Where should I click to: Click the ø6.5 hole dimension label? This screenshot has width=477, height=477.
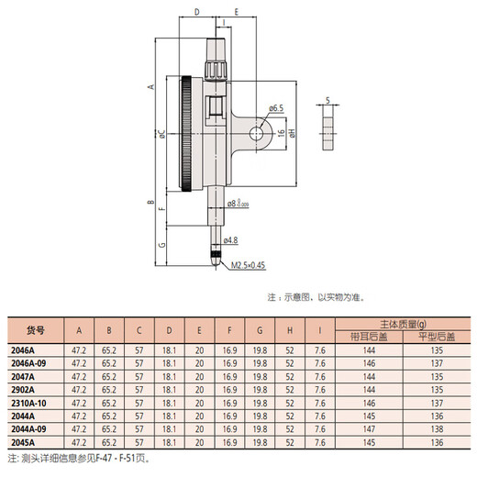pos(276,108)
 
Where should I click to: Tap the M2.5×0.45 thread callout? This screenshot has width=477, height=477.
pos(248,265)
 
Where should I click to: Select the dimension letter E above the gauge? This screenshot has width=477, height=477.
pos(237,13)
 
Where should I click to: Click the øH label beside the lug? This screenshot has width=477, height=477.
pos(291,133)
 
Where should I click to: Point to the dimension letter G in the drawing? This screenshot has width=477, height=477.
pos(161,246)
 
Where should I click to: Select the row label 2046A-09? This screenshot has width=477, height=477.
pos(28,363)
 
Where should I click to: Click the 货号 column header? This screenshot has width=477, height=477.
pos(35,330)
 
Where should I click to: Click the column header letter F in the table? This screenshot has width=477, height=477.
pos(228,330)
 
